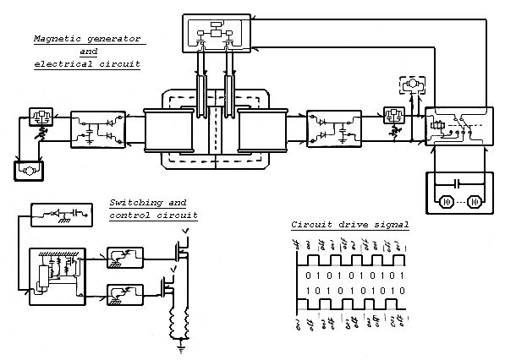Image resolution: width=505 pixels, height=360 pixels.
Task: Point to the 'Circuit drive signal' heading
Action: tap(349, 225)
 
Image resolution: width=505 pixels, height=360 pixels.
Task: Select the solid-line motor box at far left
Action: tap(28, 171)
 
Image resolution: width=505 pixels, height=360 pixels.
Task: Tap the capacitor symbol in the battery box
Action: tap(457, 183)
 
